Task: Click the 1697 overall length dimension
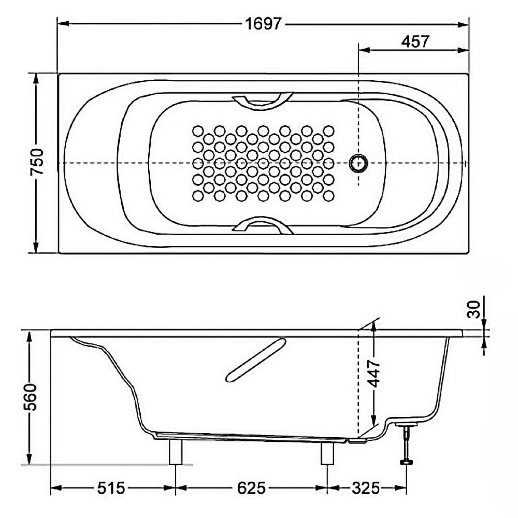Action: tap(264, 24)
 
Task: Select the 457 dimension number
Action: tap(415, 41)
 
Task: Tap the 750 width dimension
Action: tap(37, 162)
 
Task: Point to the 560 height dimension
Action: tap(32, 397)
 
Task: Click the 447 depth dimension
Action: tap(375, 373)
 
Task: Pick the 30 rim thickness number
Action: tap(474, 309)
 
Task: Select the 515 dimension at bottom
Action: tap(111, 488)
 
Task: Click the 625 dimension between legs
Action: tap(251, 488)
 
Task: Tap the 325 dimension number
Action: tap(366, 488)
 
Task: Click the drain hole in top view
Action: tap(358, 163)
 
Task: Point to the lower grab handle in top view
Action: tap(263, 225)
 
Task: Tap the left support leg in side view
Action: tap(176, 452)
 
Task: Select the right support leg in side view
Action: tap(327, 453)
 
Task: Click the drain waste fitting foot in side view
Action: tap(406, 462)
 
